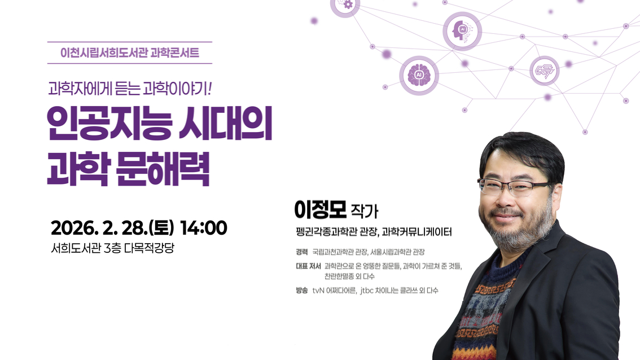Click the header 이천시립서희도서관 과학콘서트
130,54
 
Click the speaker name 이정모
319,209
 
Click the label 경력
301,252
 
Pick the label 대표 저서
308,266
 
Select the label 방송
301,291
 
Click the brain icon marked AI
419,75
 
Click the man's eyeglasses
511,187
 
